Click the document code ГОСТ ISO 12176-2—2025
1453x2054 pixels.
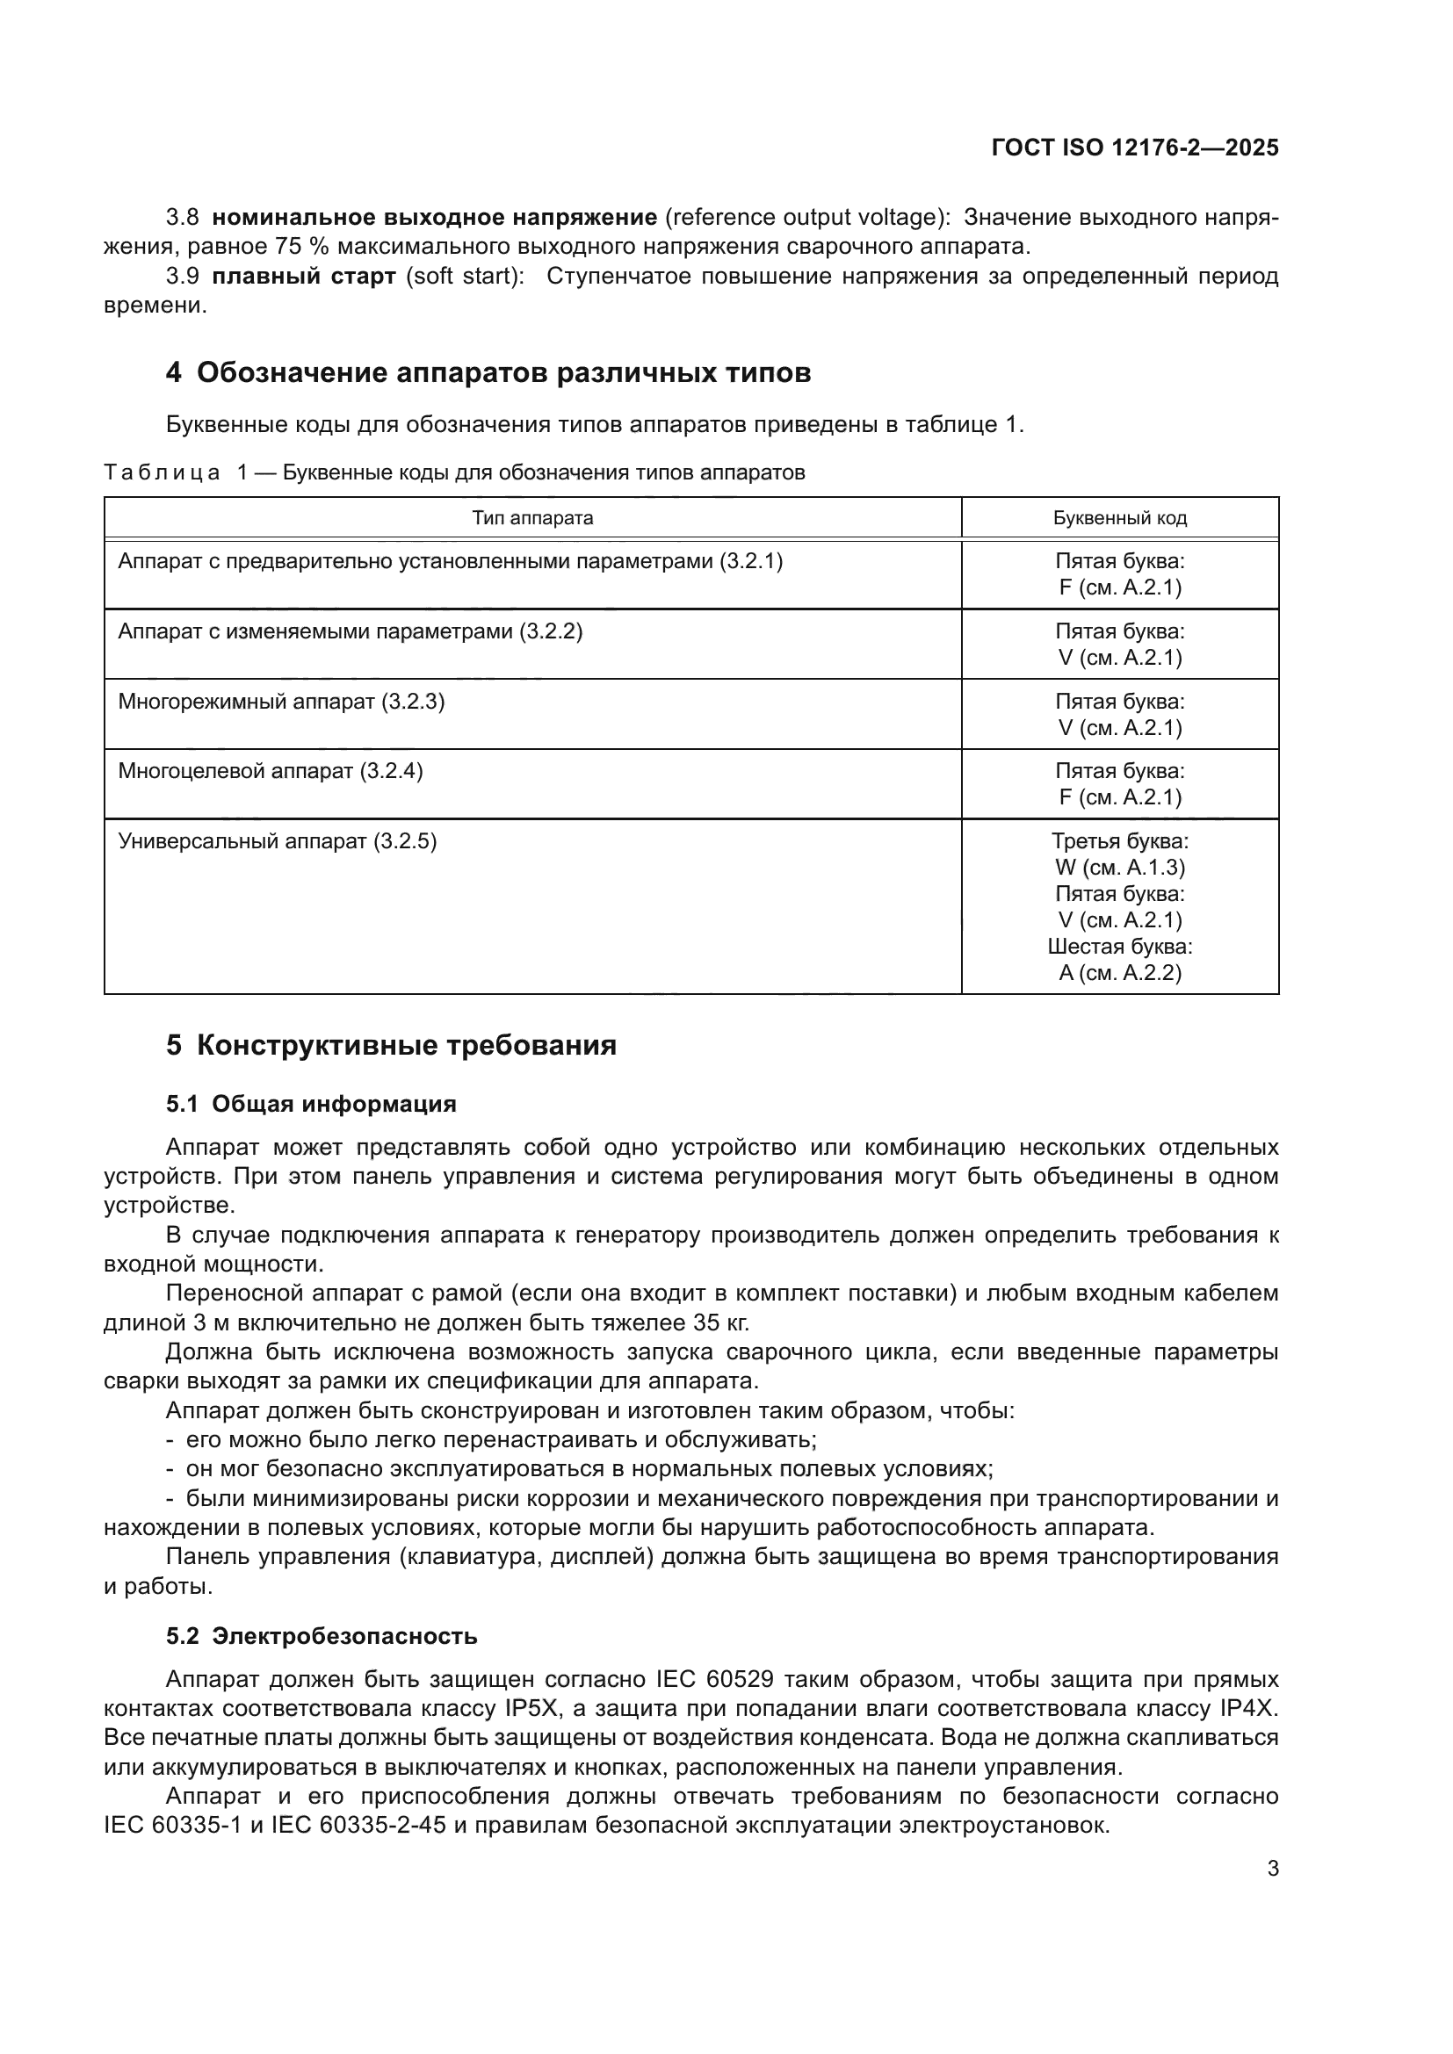[1134, 148]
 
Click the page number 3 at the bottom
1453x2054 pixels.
[1272, 1868]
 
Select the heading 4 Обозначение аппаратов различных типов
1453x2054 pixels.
[488, 372]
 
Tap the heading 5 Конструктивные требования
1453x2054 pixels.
[391, 1045]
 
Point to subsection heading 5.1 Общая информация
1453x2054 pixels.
[310, 1104]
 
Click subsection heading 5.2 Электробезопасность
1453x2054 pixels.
[322, 1636]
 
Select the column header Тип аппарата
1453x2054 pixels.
[532, 518]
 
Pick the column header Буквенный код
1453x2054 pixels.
[1119, 518]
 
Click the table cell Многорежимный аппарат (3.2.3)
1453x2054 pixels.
[281, 702]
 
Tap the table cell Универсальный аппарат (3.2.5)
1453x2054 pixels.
[278, 841]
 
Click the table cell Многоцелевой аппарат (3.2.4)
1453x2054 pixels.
[271, 771]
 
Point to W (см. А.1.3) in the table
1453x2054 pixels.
[1119, 867]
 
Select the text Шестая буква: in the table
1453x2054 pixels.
[1119, 946]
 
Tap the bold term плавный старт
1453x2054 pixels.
[303, 276]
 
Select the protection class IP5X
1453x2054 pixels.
[532, 1708]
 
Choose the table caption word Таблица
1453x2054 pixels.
[161, 472]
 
